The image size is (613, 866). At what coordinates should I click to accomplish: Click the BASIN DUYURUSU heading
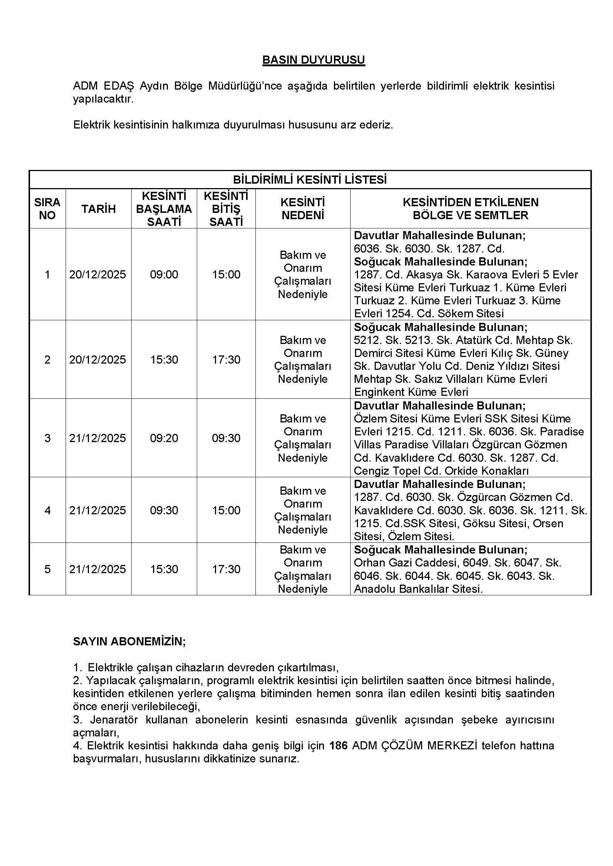pyautogui.click(x=313, y=60)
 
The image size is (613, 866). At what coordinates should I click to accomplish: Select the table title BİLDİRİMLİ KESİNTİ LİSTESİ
pyautogui.click(x=309, y=180)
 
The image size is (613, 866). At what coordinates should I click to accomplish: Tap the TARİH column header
pyautogui.click(x=99, y=209)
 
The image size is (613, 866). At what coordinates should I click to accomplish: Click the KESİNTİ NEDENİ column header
pyautogui.click(x=303, y=209)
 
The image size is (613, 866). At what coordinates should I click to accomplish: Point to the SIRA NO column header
pyautogui.click(x=47, y=209)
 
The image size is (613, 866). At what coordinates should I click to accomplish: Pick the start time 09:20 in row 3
pyautogui.click(x=164, y=438)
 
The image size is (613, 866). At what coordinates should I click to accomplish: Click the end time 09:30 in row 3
pyautogui.click(x=226, y=438)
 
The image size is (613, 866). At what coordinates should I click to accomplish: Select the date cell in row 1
pyautogui.click(x=97, y=275)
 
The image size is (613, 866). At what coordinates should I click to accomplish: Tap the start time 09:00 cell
pyautogui.click(x=164, y=275)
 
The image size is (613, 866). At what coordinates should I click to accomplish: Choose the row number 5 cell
pyautogui.click(x=47, y=569)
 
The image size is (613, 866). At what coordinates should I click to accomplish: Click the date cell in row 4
pyautogui.click(x=97, y=510)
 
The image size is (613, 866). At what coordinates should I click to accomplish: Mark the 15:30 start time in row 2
pyautogui.click(x=164, y=360)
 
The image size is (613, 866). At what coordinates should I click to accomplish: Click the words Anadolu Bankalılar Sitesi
pyautogui.click(x=418, y=589)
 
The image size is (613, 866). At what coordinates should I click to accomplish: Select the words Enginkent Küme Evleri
pyautogui.click(x=411, y=392)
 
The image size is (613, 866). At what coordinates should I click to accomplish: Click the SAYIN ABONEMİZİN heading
pyautogui.click(x=129, y=642)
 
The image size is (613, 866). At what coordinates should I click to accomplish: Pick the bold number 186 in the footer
pyautogui.click(x=338, y=746)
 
